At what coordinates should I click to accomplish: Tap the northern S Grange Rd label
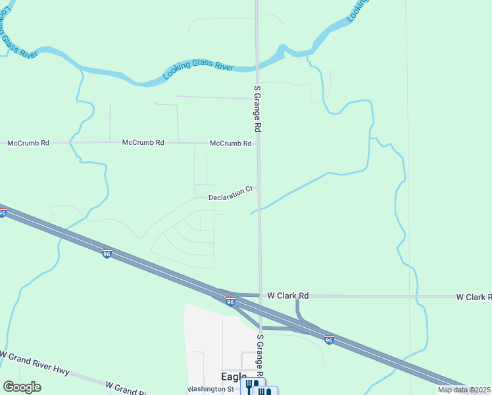click(x=258, y=110)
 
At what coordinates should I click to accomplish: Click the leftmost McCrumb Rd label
click(x=28, y=143)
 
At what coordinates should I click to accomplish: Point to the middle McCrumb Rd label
click(x=143, y=142)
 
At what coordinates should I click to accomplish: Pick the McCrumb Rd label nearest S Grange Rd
click(x=230, y=143)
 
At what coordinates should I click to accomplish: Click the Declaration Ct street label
click(x=230, y=194)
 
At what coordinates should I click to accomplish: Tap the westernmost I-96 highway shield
click(x=3, y=213)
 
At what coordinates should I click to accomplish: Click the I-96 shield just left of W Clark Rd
click(x=230, y=301)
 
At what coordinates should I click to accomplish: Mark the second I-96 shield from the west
click(x=107, y=253)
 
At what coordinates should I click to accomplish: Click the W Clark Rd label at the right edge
click(x=474, y=298)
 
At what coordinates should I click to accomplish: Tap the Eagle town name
click(x=234, y=377)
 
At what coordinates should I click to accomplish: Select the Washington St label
click(x=211, y=389)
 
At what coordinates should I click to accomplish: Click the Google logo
click(x=22, y=387)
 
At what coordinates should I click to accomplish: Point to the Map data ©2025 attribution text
click(x=464, y=390)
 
